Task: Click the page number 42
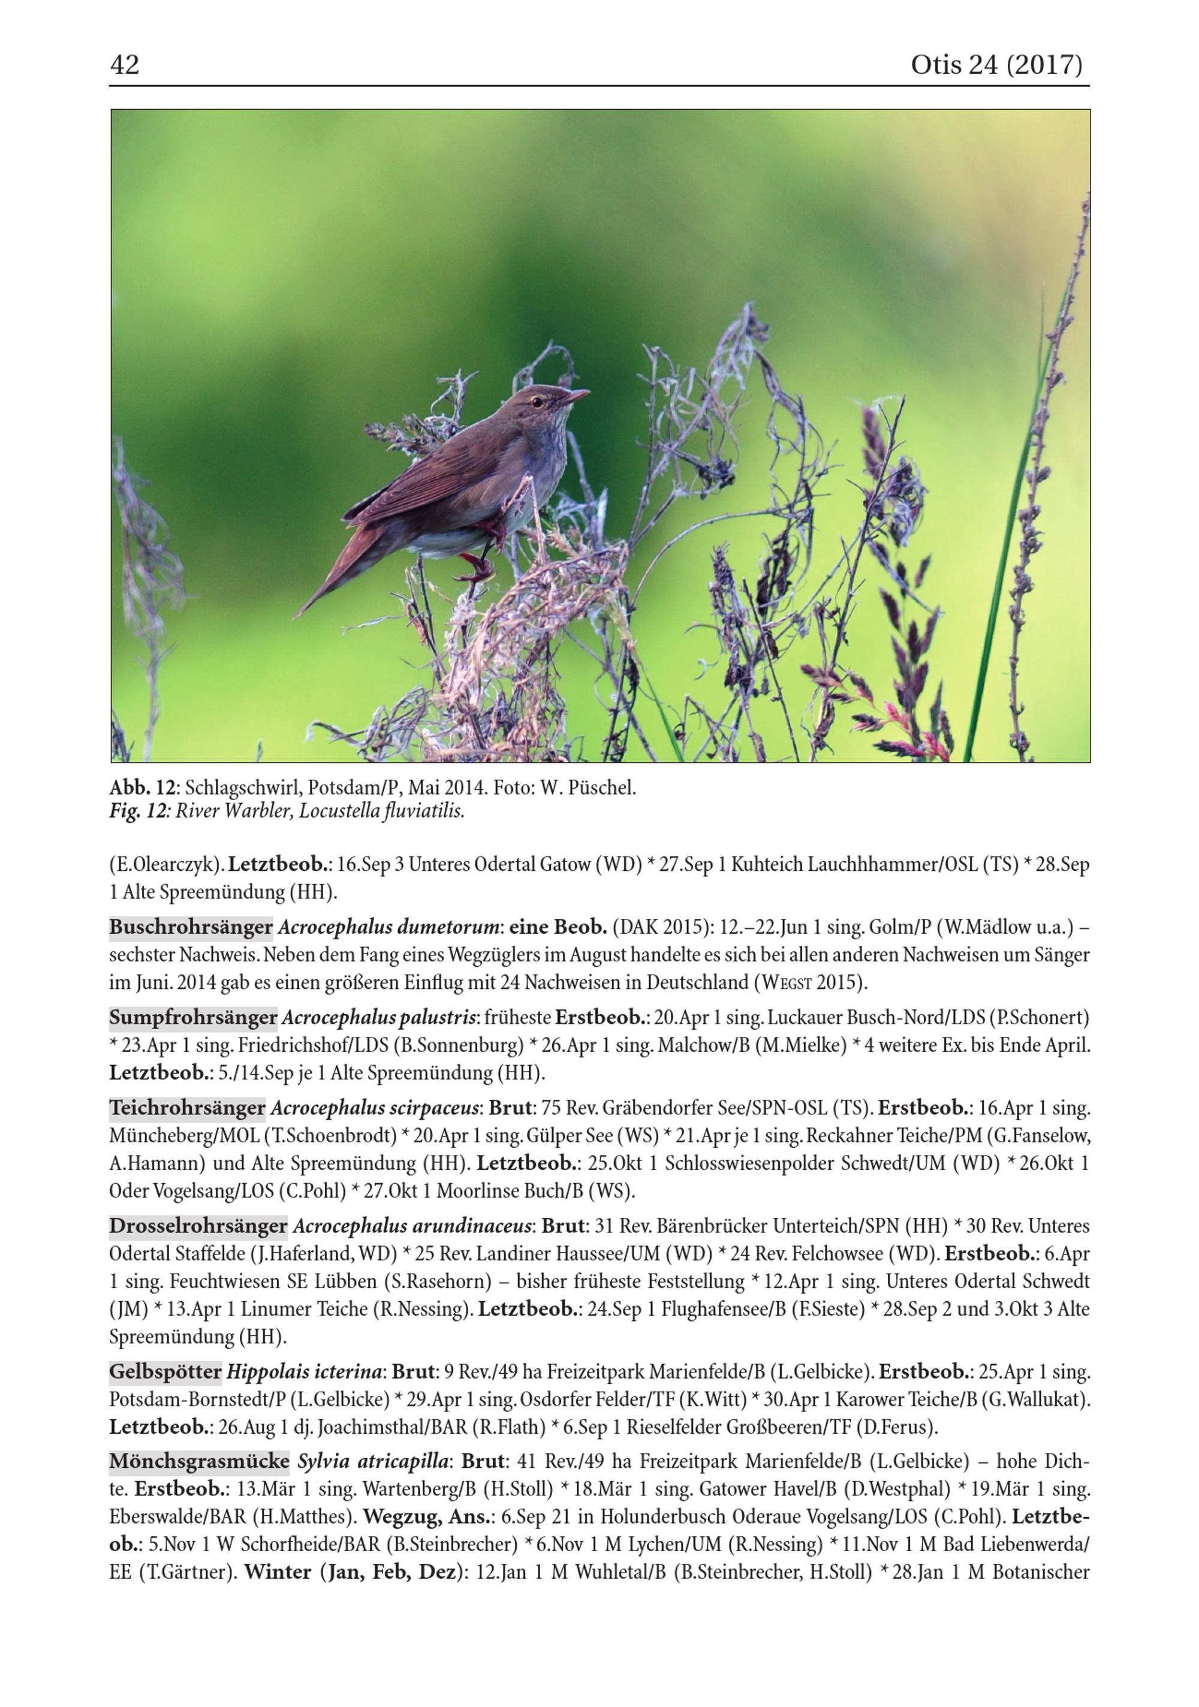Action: click(124, 65)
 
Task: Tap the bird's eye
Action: click(537, 402)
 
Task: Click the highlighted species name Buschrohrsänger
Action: click(191, 927)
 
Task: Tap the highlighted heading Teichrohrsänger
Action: click(188, 1108)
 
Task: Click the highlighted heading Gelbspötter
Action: click(165, 1371)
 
